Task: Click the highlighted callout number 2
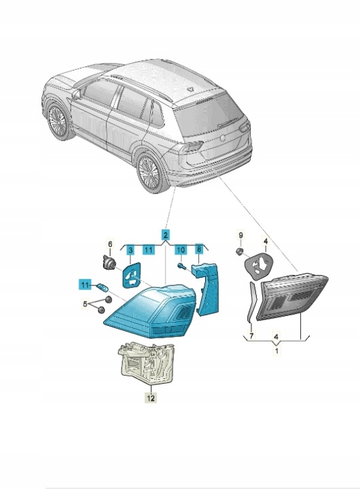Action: (166, 234)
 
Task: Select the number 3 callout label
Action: (130, 250)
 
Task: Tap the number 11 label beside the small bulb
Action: (85, 285)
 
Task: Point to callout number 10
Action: (181, 250)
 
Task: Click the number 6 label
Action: (110, 244)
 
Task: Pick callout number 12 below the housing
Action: (151, 398)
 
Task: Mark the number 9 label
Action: (240, 235)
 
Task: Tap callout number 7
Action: (252, 336)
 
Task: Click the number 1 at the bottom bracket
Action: (276, 351)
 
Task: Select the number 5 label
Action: (85, 303)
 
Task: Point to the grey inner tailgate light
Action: (291, 297)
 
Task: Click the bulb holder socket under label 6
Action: (108, 262)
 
